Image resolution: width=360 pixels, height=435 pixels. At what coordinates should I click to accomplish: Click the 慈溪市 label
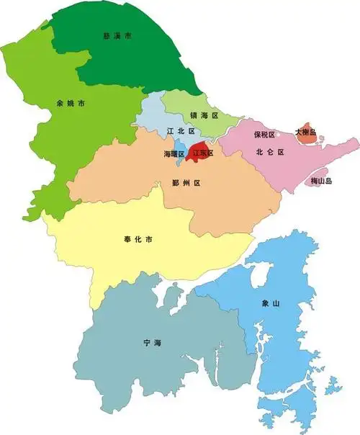(x=117, y=35)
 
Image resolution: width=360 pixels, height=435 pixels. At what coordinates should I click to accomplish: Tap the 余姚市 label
(x=71, y=104)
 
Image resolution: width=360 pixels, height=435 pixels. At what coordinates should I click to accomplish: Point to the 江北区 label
(x=181, y=131)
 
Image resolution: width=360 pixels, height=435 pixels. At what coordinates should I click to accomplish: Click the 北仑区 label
(x=270, y=152)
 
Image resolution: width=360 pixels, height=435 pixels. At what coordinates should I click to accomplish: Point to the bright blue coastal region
(x=281, y=331)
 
